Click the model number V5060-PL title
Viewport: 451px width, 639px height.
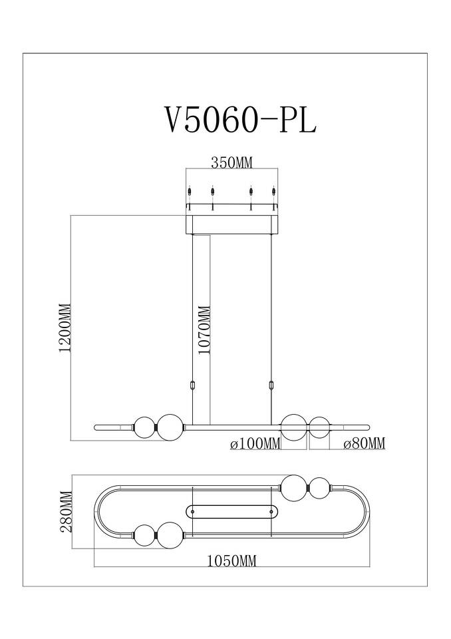239,120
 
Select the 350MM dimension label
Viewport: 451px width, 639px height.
231,163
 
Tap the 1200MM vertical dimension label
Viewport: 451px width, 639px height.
65,327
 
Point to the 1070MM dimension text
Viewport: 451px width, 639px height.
204,329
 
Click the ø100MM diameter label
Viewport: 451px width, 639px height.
255,444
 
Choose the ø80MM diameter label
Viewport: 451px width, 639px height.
365,444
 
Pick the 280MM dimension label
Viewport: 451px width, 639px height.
66,512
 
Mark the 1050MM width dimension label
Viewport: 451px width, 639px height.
231,561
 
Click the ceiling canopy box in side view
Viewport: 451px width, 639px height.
231,224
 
